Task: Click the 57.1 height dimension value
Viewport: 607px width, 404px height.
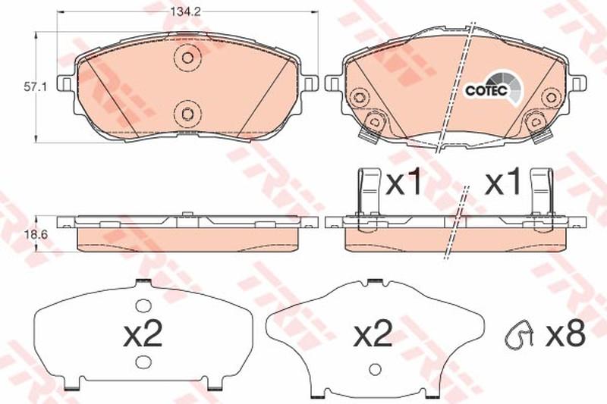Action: pos(35,88)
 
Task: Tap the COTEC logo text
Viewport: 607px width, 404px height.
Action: pos(486,90)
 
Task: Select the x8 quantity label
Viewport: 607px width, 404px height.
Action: pos(565,334)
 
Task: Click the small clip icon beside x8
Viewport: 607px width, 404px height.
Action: pos(519,333)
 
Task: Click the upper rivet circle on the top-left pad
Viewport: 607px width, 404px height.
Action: pos(187,58)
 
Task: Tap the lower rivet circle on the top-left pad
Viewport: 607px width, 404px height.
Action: pos(187,114)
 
